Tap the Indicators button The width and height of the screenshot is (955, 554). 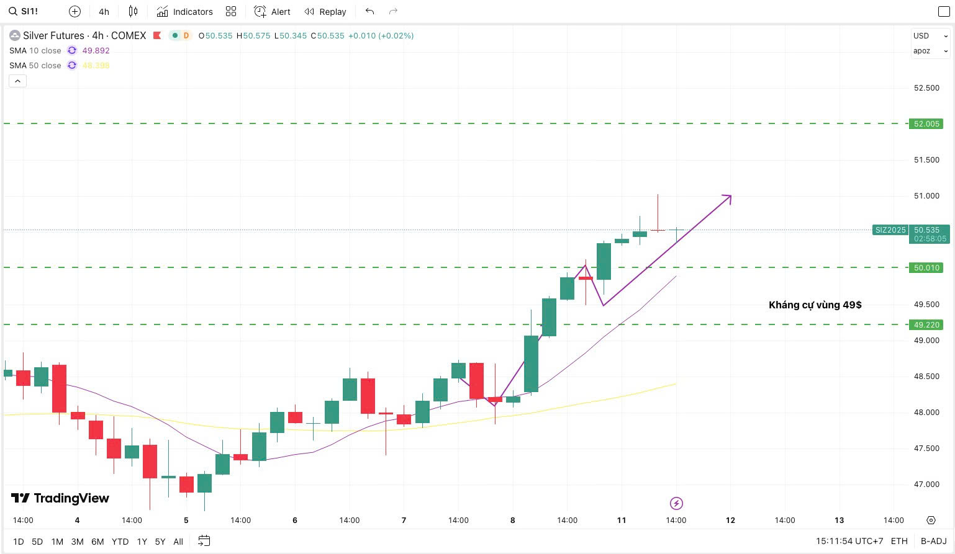pyautogui.click(x=184, y=11)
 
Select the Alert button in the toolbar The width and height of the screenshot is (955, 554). pyautogui.click(x=272, y=11)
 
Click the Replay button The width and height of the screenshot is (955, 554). pyautogui.click(x=325, y=11)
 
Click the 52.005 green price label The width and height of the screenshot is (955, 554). pyautogui.click(x=926, y=124)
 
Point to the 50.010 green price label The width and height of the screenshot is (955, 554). pyautogui.click(x=926, y=268)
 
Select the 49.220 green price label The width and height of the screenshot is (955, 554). pyautogui.click(x=926, y=325)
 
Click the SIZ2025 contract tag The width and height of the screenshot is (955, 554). pyautogui.click(x=890, y=230)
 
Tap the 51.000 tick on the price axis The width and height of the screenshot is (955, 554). pyautogui.click(x=926, y=196)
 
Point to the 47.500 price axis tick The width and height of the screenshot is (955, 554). pyautogui.click(x=926, y=449)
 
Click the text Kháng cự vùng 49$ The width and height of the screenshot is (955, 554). pyautogui.click(x=815, y=305)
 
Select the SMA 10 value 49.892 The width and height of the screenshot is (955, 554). pyautogui.click(x=96, y=51)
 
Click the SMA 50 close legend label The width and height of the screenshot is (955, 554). pyautogui.click(x=35, y=65)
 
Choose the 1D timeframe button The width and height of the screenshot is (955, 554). pyautogui.click(x=19, y=542)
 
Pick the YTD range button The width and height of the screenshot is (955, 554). pyautogui.click(x=120, y=542)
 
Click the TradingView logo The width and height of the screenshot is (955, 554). pyautogui.click(x=60, y=498)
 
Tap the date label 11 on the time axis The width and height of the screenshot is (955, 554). pyautogui.click(x=622, y=520)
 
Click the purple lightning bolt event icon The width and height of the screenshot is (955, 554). pyautogui.click(x=676, y=503)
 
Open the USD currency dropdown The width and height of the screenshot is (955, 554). pyautogui.click(x=930, y=36)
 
